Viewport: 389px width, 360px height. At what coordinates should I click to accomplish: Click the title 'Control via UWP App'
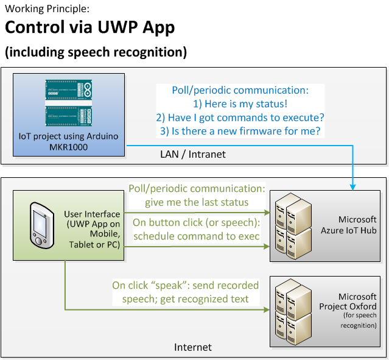coord(90,27)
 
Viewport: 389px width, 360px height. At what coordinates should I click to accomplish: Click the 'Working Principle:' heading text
coord(46,9)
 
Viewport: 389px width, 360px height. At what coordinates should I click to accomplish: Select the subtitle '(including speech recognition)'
coord(96,52)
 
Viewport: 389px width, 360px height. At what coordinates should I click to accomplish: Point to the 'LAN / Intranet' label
coord(197,155)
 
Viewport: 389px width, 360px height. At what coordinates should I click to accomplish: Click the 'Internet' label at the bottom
coord(193,347)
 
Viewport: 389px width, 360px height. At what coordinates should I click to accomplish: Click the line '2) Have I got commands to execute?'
coord(239,117)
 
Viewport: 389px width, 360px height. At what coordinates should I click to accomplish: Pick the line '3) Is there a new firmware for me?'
coord(239,130)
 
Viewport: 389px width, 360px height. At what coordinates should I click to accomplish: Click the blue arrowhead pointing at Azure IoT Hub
coord(354,186)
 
